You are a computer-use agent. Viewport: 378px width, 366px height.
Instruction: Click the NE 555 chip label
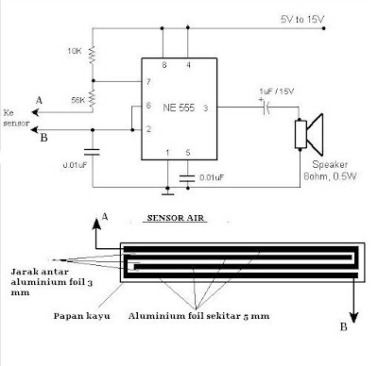pos(179,108)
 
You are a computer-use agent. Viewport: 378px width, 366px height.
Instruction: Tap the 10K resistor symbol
pos(93,55)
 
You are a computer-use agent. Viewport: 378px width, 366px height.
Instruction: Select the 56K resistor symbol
pos(93,97)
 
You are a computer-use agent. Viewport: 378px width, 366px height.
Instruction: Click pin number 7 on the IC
pos(148,82)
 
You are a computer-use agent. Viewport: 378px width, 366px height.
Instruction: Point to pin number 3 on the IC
pos(205,108)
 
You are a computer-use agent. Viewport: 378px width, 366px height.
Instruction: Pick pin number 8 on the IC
pos(164,65)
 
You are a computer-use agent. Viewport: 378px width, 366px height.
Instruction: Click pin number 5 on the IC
pos(188,153)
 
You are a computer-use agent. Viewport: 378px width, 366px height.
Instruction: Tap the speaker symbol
pos(309,134)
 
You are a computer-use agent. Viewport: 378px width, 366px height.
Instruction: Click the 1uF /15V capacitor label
pos(277,91)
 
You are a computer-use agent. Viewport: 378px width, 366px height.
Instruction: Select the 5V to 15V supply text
pos(302,20)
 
